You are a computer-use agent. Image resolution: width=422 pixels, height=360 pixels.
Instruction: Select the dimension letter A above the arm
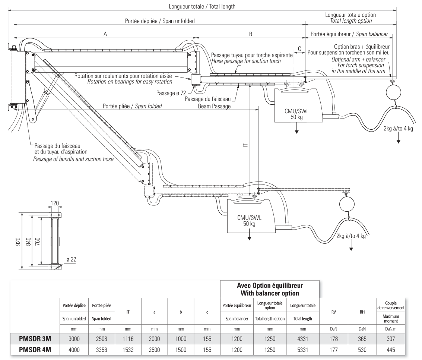[105, 34]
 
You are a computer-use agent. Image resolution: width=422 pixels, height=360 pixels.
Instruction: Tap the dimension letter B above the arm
[251, 34]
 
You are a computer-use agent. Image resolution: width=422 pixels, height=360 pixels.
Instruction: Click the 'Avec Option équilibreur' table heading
[270, 286]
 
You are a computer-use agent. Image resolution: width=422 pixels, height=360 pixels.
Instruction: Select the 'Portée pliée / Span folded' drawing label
[132, 106]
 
